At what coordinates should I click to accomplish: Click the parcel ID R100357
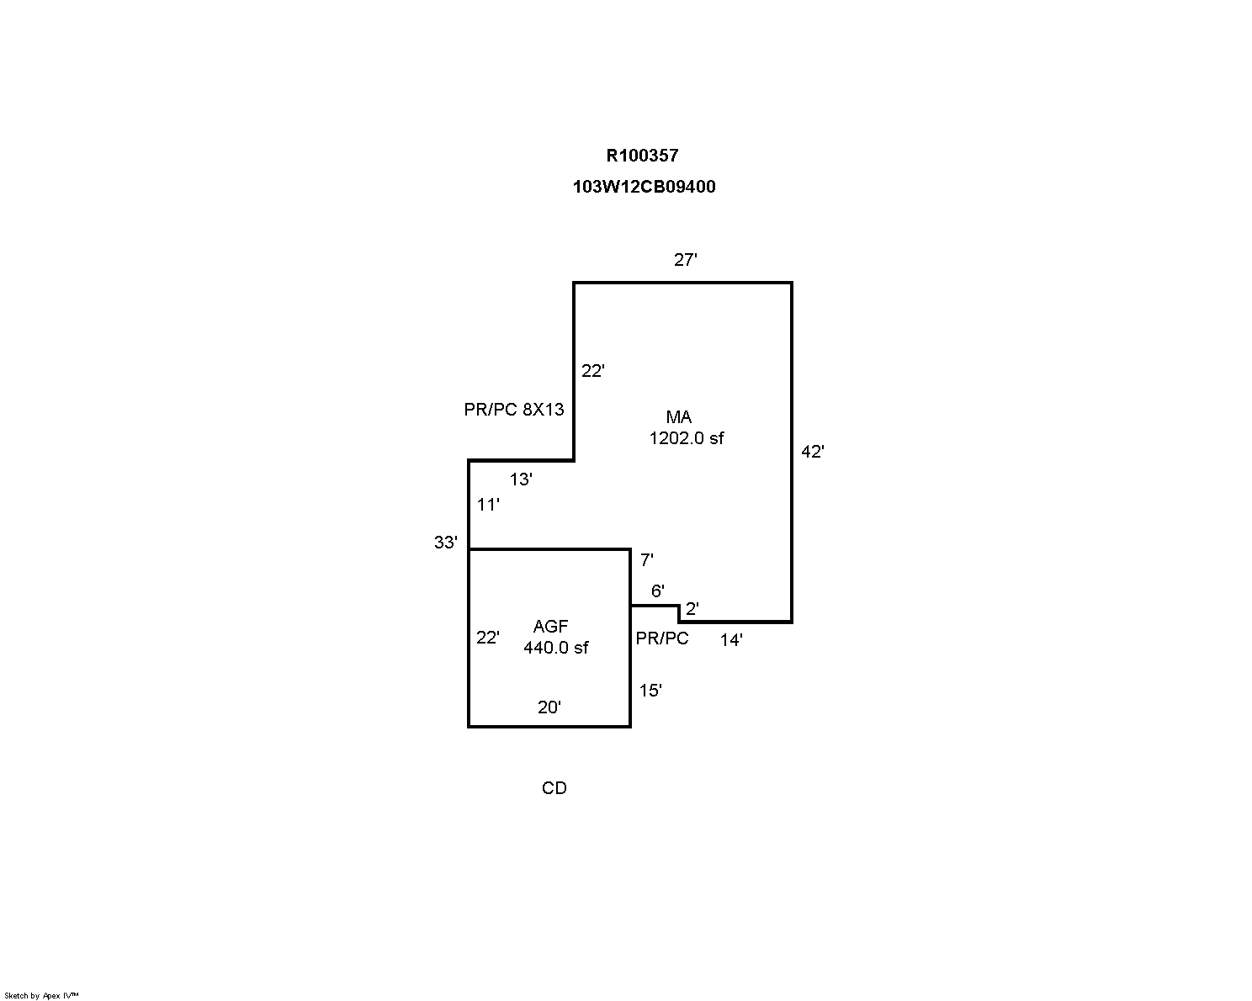click(x=642, y=156)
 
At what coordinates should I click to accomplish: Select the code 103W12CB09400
click(x=644, y=187)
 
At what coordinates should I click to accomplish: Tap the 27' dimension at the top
click(x=686, y=259)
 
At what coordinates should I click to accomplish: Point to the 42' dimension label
click(x=812, y=452)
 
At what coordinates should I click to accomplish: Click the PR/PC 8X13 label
click(x=514, y=410)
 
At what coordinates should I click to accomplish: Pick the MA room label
click(x=678, y=417)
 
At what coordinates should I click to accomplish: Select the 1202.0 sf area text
click(x=686, y=438)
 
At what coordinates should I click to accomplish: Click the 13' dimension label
click(x=521, y=479)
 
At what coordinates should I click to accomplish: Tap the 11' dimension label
click(x=488, y=505)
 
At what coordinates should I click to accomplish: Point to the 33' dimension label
click(x=446, y=542)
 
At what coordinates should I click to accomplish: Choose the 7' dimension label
click(x=646, y=559)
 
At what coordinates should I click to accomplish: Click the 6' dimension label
click(x=657, y=591)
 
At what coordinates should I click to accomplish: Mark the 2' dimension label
click(x=692, y=609)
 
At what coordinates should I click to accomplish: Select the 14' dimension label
click(x=731, y=640)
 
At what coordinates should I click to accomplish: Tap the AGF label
click(x=550, y=627)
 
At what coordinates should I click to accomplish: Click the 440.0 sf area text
click(x=555, y=648)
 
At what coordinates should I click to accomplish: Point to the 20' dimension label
click(x=549, y=707)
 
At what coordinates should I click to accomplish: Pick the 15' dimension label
click(x=650, y=691)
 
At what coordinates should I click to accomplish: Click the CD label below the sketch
click(x=554, y=788)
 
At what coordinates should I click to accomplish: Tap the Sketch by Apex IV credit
click(x=41, y=995)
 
